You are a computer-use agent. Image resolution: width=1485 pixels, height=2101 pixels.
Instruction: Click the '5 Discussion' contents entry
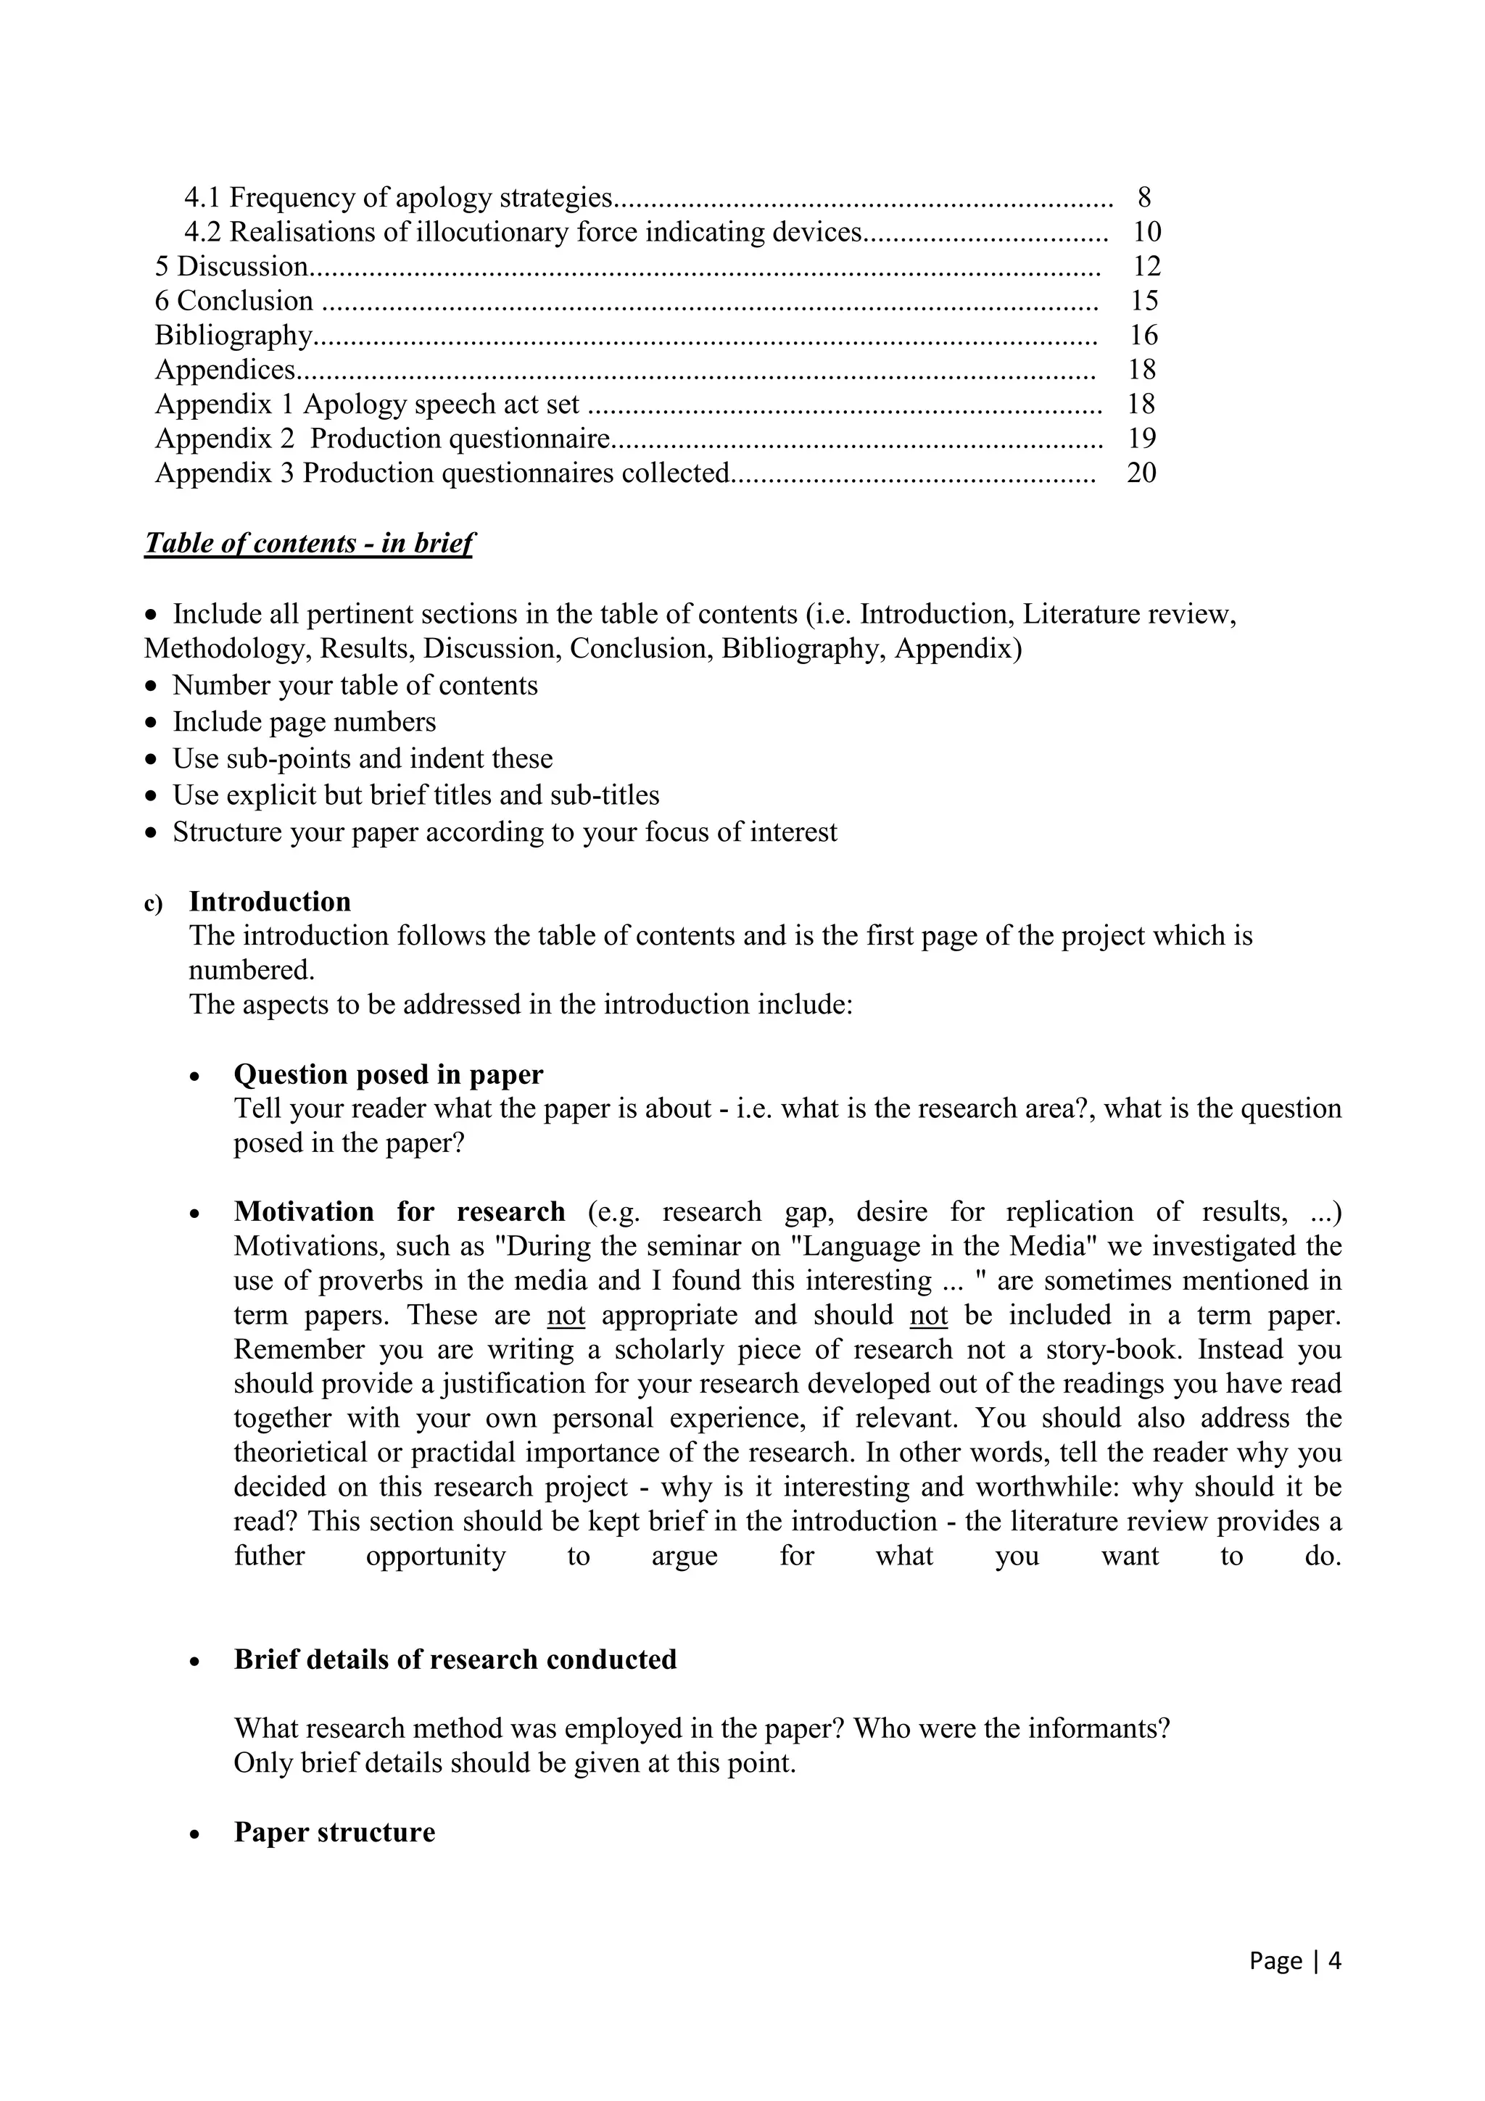click(x=231, y=266)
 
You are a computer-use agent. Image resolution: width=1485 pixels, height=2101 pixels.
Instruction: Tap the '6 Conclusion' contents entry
click(x=234, y=301)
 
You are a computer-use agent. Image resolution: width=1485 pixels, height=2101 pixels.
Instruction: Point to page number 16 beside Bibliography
click(x=1143, y=335)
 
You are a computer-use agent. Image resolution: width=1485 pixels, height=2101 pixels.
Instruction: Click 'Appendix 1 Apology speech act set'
click(x=367, y=405)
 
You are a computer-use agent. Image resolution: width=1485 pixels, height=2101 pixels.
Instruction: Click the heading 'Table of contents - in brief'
click(x=308, y=544)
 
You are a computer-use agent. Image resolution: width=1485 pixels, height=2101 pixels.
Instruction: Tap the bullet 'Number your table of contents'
click(x=355, y=685)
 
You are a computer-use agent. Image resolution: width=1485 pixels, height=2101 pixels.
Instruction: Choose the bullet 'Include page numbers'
click(x=304, y=722)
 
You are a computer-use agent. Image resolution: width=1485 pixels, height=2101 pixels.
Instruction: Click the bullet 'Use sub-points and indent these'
click(x=363, y=758)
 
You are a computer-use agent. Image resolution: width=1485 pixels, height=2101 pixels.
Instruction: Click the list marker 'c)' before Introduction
click(x=153, y=904)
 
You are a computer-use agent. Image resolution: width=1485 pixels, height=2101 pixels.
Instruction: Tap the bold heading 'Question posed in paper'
click(x=388, y=1074)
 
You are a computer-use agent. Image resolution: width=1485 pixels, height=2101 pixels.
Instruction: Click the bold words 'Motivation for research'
click(x=399, y=1211)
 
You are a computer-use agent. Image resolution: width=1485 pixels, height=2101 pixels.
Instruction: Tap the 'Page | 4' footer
click(x=1295, y=1961)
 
